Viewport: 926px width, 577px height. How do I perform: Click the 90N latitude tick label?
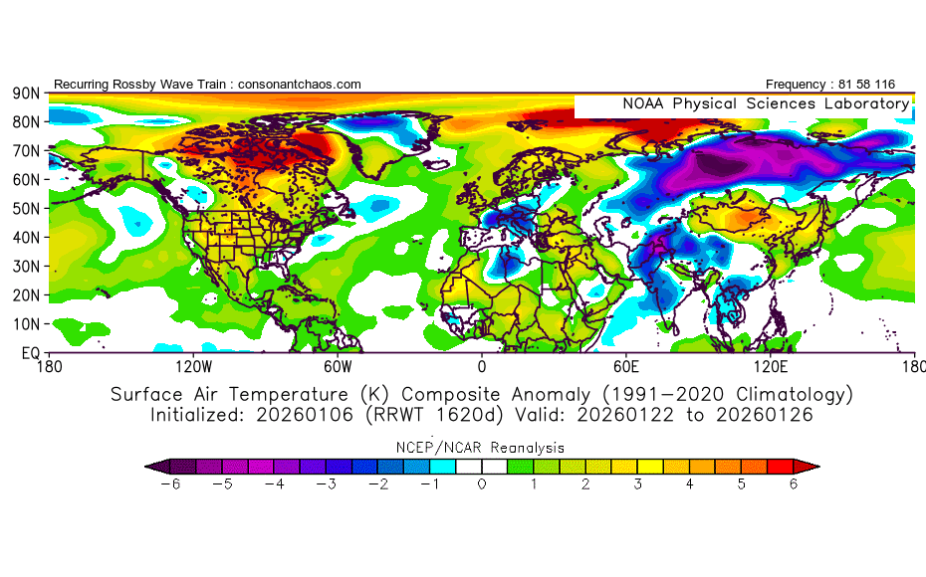[26, 93]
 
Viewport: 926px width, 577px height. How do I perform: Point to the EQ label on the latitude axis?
[30, 353]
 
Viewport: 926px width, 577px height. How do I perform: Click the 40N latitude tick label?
[26, 238]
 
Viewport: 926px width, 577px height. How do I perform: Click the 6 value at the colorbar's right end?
[795, 484]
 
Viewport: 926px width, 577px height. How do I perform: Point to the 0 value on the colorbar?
[482, 484]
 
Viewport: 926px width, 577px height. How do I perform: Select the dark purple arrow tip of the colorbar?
[152, 465]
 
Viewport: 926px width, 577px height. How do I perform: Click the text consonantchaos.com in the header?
[300, 85]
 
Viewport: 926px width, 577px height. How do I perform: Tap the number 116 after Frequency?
[883, 85]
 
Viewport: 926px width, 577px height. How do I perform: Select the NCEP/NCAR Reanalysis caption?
[482, 448]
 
